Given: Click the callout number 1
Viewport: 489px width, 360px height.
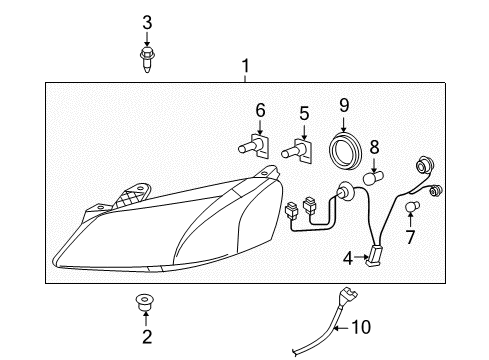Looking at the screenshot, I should click(244, 68).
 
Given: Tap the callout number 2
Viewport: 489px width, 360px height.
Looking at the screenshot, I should click(146, 336).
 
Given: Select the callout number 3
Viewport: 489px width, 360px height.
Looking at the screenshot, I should click(146, 22).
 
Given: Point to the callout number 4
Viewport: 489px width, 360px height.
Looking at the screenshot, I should click(348, 258).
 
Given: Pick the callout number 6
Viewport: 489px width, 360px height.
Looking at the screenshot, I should click(260, 110).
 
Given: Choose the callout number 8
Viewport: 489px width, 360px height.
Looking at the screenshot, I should click(374, 147).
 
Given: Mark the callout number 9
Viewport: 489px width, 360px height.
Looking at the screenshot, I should click(343, 104).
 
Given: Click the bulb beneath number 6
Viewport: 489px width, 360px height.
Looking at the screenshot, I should click(251, 148).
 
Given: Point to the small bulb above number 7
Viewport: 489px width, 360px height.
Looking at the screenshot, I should click(412, 207).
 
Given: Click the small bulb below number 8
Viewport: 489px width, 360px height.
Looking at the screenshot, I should click(376, 178).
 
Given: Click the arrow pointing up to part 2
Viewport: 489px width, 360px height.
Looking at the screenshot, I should click(146, 319).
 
